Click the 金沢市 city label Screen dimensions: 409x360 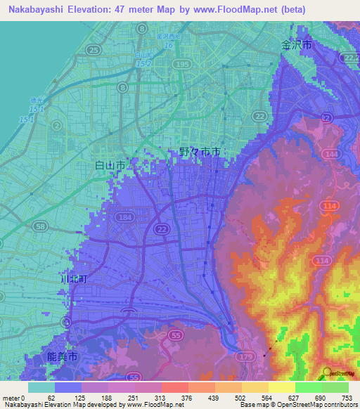coord(296,44)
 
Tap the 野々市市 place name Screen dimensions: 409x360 coord(200,152)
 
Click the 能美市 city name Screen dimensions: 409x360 coord(63,357)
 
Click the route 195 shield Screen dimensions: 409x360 coord(183,64)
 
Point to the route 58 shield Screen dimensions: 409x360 coord(41,226)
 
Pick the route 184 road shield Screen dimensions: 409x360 coord(127,219)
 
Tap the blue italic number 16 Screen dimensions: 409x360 coord(168,45)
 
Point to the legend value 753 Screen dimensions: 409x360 coord(346,398)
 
